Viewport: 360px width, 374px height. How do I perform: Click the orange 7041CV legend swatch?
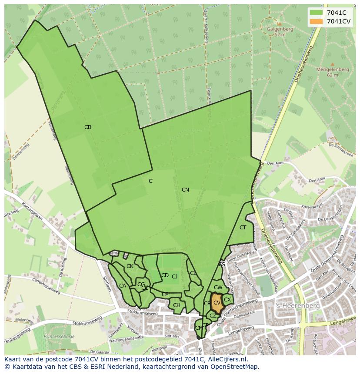(x=317, y=21)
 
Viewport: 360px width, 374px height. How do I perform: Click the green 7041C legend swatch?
(x=317, y=12)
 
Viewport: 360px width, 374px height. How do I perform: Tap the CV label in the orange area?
(x=217, y=302)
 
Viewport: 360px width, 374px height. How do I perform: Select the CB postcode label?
(x=88, y=127)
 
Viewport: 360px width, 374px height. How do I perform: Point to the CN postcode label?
(x=185, y=190)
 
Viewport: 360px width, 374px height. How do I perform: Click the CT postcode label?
(x=243, y=228)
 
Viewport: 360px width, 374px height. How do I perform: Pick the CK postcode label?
(x=130, y=266)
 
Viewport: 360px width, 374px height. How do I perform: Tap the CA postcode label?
(x=123, y=286)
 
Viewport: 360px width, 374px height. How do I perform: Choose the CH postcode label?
(x=177, y=305)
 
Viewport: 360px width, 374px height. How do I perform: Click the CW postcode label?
(x=218, y=288)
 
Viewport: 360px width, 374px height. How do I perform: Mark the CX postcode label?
(x=227, y=299)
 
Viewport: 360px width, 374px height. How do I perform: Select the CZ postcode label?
(x=213, y=316)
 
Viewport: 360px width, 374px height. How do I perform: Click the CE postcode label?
(x=165, y=295)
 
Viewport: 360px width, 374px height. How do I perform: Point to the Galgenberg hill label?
(x=280, y=30)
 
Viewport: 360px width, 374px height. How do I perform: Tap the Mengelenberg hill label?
(x=332, y=69)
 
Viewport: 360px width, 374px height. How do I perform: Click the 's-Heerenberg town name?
(x=298, y=306)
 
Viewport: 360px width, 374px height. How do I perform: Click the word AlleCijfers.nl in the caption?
(x=226, y=359)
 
